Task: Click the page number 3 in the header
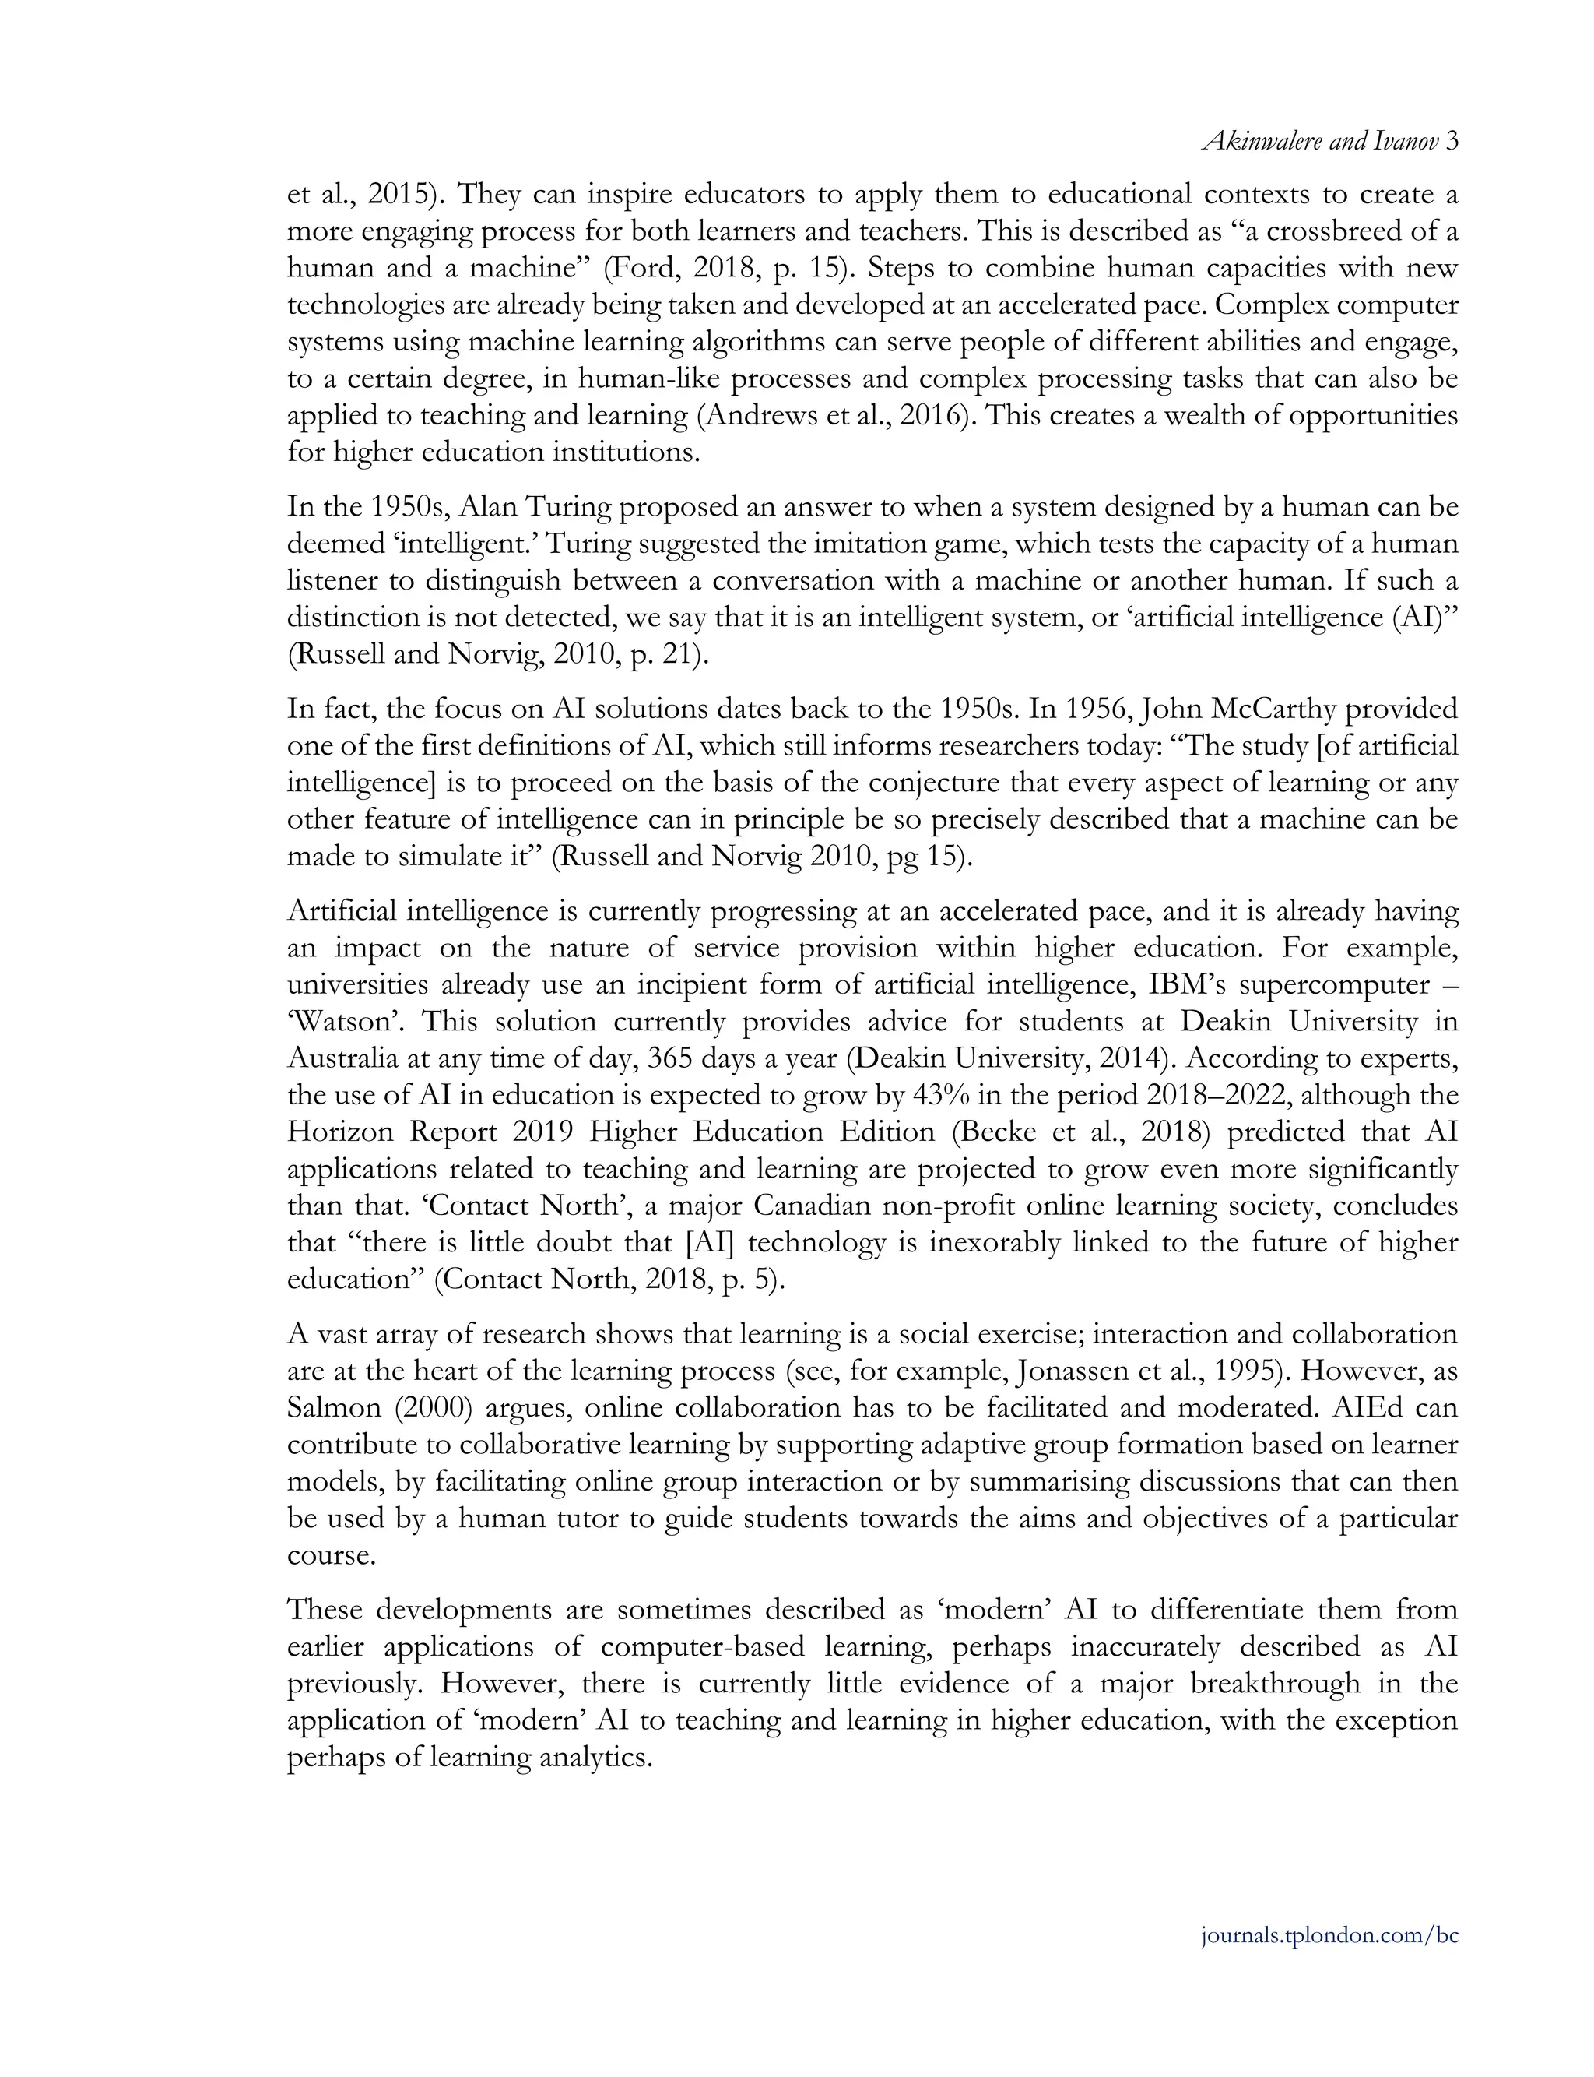pyautogui.click(x=1452, y=142)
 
